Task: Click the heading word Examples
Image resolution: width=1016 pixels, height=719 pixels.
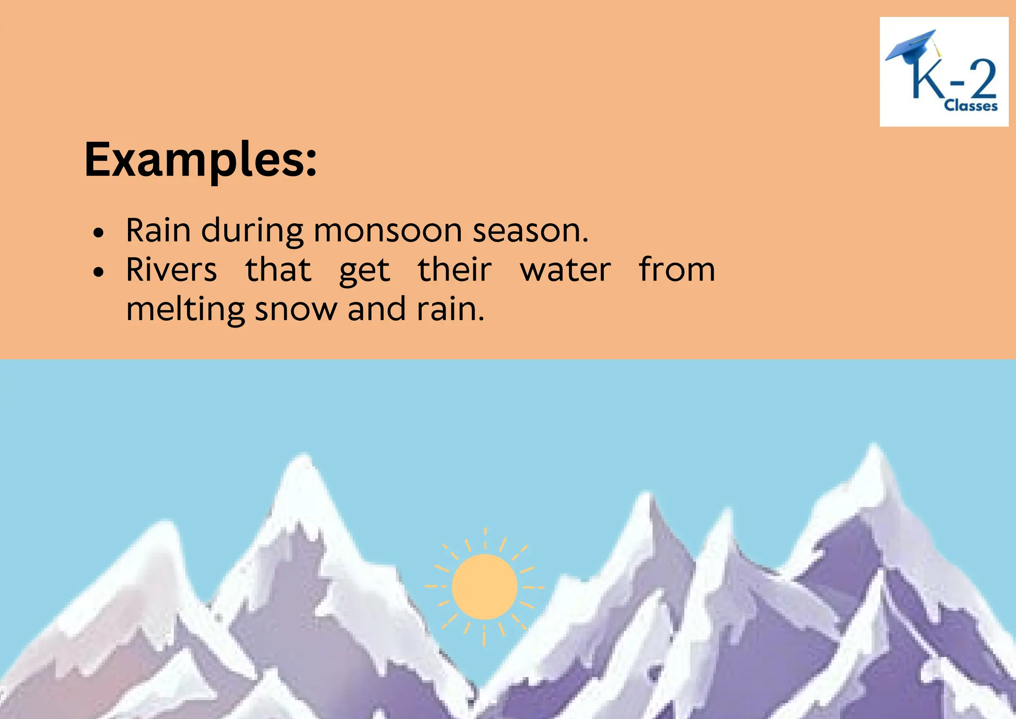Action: [x=200, y=160]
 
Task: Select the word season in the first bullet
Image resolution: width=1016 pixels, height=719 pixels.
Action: [x=529, y=231]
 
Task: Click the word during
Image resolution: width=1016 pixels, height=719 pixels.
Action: [x=252, y=231]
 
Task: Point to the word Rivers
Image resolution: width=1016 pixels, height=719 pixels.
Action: [x=171, y=270]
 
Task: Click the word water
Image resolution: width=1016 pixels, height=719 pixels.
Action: [x=565, y=270]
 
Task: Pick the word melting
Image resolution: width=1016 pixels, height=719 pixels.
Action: [x=185, y=310]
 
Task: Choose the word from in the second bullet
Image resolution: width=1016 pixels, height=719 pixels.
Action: [x=677, y=270]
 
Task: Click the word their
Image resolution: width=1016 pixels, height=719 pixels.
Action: [x=454, y=270]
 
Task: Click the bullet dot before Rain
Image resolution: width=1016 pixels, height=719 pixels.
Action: [x=99, y=232]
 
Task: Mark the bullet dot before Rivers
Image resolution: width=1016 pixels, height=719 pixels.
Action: [x=99, y=272]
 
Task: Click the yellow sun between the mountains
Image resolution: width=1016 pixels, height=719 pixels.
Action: [x=485, y=587]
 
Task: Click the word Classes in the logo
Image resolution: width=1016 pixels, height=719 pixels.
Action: [x=970, y=106]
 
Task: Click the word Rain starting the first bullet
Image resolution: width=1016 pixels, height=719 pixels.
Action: [x=158, y=231]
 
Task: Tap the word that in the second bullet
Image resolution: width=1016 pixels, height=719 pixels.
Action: [x=278, y=270]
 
